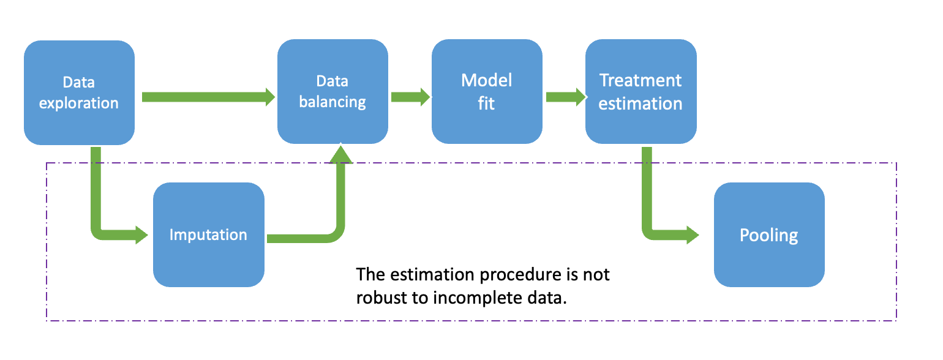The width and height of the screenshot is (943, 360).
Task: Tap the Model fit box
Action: [487, 92]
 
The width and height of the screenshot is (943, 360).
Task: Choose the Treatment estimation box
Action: [641, 92]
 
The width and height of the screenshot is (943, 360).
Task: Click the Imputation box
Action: [208, 234]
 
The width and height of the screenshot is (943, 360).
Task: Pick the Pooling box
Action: [769, 234]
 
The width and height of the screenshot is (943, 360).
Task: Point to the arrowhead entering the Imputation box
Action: [141, 234]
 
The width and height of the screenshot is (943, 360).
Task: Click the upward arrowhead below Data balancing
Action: [341, 154]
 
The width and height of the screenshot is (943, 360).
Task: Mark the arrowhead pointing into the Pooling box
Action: [692, 234]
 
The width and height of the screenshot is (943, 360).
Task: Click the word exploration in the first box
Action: [79, 103]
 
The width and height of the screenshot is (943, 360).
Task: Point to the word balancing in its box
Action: [332, 102]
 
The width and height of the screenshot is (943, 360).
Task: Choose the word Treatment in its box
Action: [641, 80]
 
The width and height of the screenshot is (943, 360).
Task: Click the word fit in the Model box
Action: [487, 103]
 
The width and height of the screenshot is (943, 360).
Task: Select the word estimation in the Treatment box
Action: [641, 103]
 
